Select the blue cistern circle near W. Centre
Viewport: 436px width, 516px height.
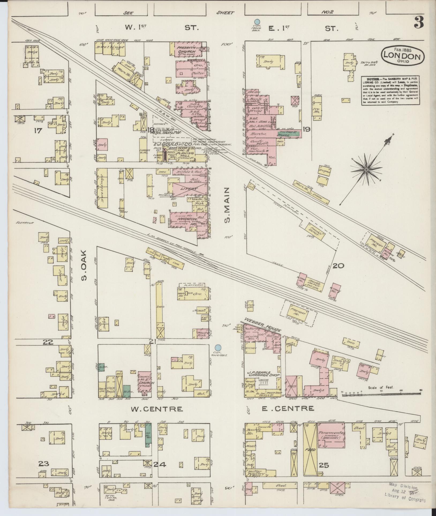click(x=218, y=348)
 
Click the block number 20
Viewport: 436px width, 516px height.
click(x=338, y=266)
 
